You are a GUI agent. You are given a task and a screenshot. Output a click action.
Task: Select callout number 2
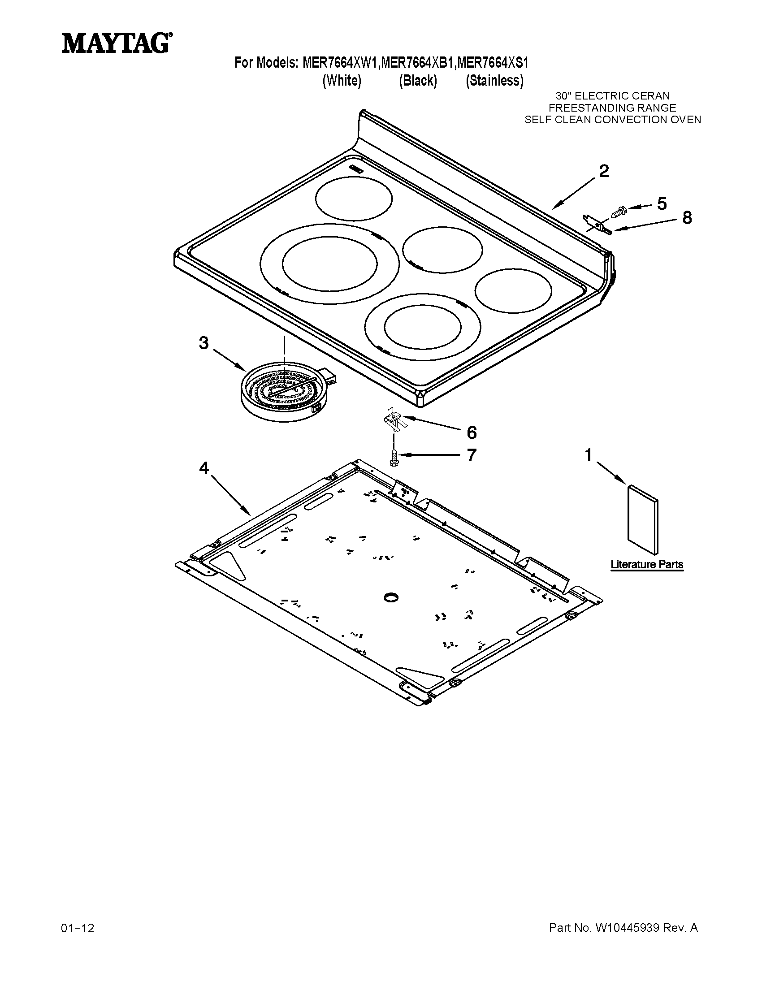[604, 171]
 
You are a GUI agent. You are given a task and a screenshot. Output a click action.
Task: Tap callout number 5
[661, 204]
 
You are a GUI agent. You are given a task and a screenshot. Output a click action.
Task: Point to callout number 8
[686, 218]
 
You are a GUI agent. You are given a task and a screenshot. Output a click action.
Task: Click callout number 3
[204, 344]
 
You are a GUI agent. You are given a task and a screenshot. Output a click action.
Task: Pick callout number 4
[204, 469]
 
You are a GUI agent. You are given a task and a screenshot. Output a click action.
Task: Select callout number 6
[471, 432]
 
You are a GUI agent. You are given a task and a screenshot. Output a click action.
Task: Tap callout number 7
[471, 455]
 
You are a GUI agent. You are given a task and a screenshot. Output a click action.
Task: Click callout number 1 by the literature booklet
[588, 455]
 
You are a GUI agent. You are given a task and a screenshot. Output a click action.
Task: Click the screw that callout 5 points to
[619, 211]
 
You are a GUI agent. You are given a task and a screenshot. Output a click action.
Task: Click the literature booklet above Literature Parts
[643, 519]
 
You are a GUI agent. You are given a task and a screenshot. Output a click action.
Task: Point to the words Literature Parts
[646, 564]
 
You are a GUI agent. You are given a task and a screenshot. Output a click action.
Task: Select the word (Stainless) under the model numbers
[494, 81]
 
